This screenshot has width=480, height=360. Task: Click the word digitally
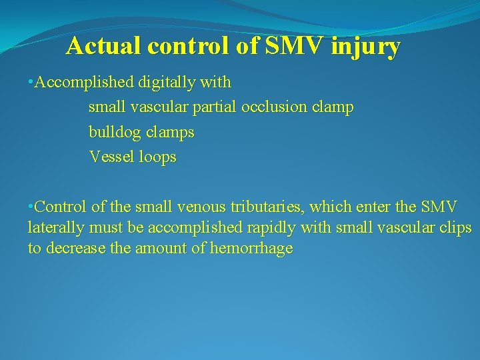click(x=167, y=83)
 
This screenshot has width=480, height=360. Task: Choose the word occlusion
click(x=275, y=107)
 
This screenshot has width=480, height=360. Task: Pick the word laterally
click(x=56, y=227)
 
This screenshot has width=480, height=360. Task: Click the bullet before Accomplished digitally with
click(x=31, y=82)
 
